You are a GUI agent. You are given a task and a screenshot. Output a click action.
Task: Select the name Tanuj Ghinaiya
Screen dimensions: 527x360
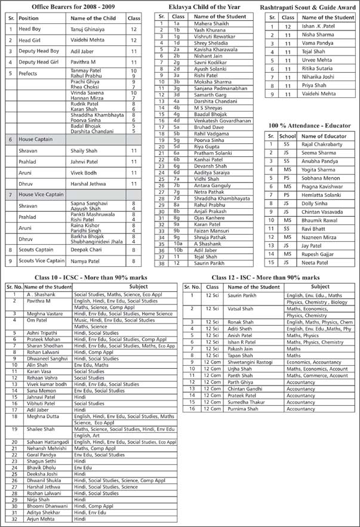[87, 29]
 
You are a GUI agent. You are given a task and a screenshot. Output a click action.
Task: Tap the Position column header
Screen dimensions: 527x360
[28, 19]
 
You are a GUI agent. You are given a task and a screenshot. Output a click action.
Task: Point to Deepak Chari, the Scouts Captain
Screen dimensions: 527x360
[83, 250]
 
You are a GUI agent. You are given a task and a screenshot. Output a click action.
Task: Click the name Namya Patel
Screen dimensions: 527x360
[83, 261]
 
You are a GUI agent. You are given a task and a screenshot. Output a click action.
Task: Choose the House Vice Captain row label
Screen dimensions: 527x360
[42, 195]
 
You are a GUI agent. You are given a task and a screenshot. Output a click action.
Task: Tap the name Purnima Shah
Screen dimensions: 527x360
[242, 409]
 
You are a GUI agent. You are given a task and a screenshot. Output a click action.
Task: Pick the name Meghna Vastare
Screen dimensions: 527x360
[45, 313]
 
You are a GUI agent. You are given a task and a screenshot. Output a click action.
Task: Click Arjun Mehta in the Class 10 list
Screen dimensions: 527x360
[40, 519]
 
